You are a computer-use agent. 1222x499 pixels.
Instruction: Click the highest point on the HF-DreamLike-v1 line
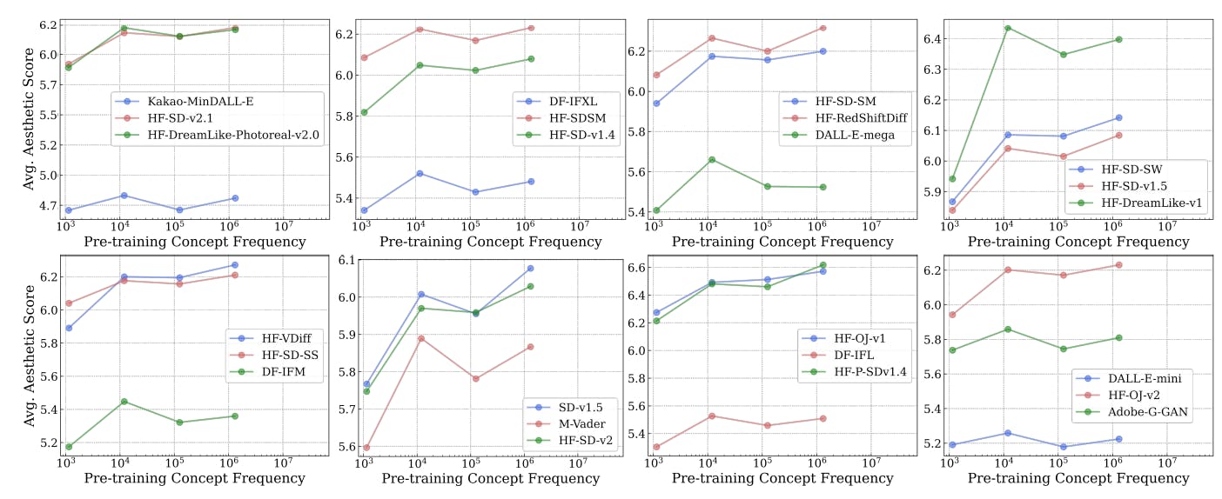(1008, 28)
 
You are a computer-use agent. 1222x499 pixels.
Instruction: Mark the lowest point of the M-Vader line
(366, 448)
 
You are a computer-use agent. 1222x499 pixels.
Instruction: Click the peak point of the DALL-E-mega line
(711, 159)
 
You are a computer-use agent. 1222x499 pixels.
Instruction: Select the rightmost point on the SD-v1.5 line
(530, 268)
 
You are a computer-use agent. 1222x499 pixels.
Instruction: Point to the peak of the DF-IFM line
(124, 401)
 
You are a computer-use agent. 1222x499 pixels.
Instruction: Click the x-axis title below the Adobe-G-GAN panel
(1078, 478)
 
